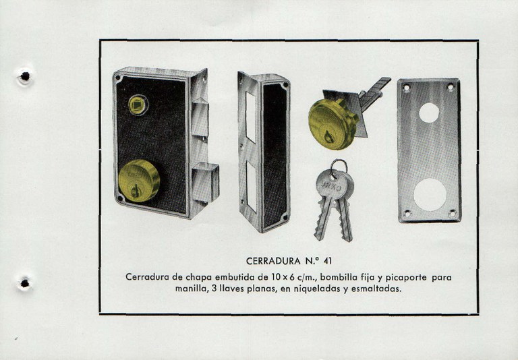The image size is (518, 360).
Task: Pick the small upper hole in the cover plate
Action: pyautogui.click(x=428, y=112)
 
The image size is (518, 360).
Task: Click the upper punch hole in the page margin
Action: pyautogui.click(x=24, y=77)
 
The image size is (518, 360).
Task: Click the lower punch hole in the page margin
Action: pyautogui.click(x=25, y=283)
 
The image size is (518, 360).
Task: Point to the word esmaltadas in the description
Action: pyautogui.click(x=376, y=290)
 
